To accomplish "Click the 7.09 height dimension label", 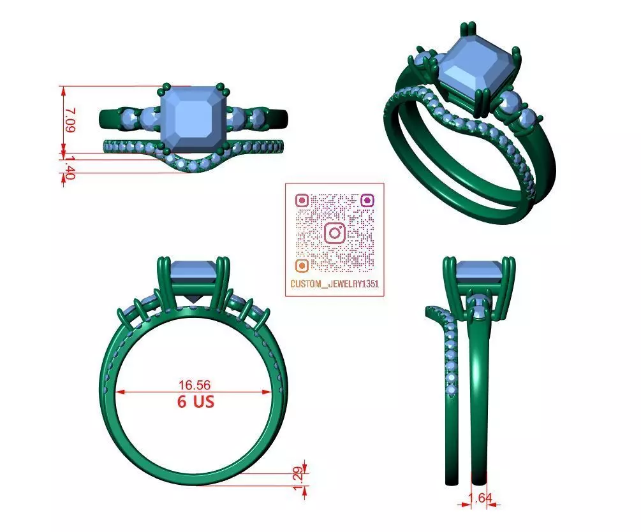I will click(x=70, y=120).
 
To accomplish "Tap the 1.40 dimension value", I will click(x=70, y=168).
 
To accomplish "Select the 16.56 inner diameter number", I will click(x=195, y=385).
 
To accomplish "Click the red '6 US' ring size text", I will click(x=195, y=402).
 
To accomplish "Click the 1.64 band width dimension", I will click(x=480, y=498).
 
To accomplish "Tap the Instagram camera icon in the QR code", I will click(x=335, y=233).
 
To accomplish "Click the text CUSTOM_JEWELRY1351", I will click(x=334, y=284).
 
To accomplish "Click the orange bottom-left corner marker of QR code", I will click(x=302, y=265).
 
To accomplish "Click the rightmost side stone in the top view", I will click(x=258, y=118).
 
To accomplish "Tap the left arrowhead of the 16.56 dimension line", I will click(x=119, y=392).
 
